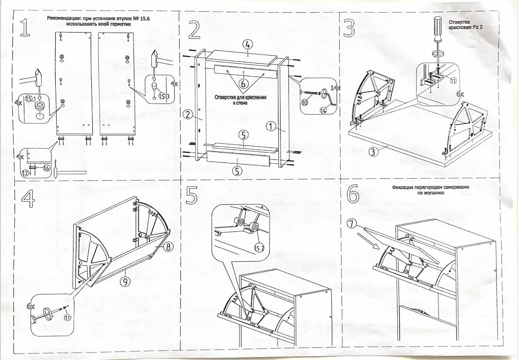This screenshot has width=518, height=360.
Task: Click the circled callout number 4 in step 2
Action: click(x=247, y=44)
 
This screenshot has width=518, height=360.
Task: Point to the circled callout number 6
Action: click(x=243, y=82)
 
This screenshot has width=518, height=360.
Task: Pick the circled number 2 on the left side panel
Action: click(x=187, y=115)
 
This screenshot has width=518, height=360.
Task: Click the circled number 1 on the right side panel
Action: click(x=271, y=127)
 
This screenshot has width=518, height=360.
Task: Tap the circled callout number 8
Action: click(x=169, y=247)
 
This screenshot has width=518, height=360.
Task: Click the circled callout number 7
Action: click(x=351, y=224)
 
